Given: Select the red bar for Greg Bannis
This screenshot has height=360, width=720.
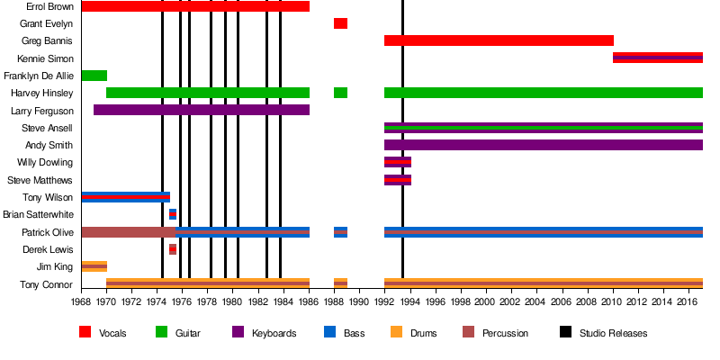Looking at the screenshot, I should click(499, 40).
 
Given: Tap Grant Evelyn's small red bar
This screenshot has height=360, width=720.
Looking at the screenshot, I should click(340, 23).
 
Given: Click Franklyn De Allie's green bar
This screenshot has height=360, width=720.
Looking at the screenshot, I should click(94, 76).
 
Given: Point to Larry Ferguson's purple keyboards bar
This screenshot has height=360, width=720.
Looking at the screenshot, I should click(201, 110).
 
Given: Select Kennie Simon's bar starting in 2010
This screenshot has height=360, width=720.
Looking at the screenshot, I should click(657, 58).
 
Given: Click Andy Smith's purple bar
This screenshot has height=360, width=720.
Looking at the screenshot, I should click(543, 145).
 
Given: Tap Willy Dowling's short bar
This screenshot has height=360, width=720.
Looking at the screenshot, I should click(398, 162).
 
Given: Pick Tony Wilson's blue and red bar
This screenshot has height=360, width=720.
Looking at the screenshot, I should click(125, 197).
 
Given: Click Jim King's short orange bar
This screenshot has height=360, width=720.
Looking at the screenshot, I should click(94, 266).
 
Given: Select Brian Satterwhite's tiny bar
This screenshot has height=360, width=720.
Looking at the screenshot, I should click(173, 214).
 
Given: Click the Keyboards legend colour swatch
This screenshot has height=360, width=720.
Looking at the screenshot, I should click(238, 332).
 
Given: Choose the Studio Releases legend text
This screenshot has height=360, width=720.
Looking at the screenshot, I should click(613, 333).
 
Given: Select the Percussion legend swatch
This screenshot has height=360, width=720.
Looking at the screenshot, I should click(469, 332).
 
